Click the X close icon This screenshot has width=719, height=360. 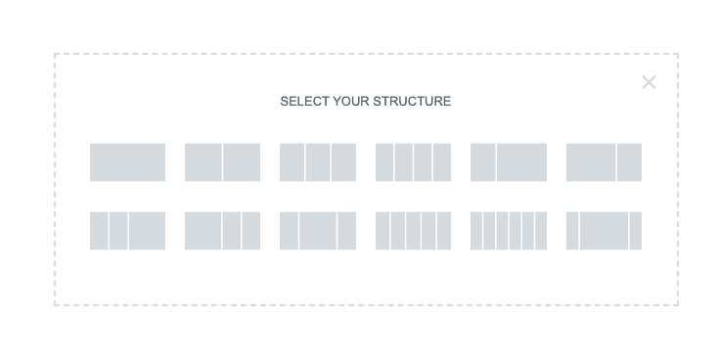pyautogui.click(x=649, y=82)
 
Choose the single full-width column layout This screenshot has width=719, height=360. pyautogui.click(x=127, y=162)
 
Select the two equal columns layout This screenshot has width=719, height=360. pyautogui.click(x=222, y=162)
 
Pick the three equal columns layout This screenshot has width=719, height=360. pyautogui.click(x=318, y=162)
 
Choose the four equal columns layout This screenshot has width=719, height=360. pyautogui.click(x=413, y=162)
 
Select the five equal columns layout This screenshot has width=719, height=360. pyautogui.click(x=413, y=231)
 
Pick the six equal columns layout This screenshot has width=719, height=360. pyautogui.click(x=509, y=231)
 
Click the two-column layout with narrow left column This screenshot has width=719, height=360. pyautogui.click(x=509, y=162)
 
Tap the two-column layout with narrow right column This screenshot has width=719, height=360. pyautogui.click(x=604, y=162)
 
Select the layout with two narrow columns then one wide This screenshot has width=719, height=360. pyautogui.click(x=127, y=231)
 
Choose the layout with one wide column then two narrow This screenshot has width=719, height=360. pyautogui.click(x=222, y=231)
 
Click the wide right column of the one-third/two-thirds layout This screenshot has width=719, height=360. pyautogui.click(x=521, y=162)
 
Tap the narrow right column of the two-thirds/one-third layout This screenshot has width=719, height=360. pyautogui.click(x=629, y=162)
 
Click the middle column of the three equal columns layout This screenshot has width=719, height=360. pyautogui.click(x=318, y=162)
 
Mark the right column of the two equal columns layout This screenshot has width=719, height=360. pyautogui.click(x=242, y=162)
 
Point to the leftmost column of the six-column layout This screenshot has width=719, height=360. pyautogui.click(x=476, y=231)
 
